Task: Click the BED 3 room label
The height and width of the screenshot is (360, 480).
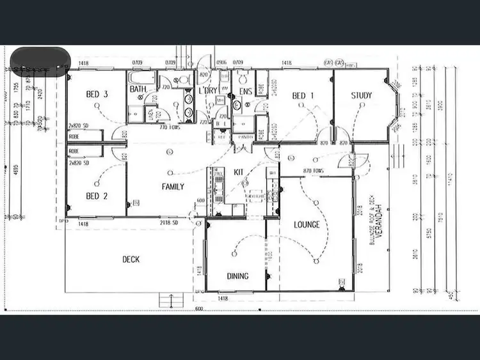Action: pyautogui.click(x=97, y=95)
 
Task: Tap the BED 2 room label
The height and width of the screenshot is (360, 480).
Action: pyautogui.click(x=97, y=196)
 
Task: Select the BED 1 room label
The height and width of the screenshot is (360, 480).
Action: pyautogui.click(x=303, y=96)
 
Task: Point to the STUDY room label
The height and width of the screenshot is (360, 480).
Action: pyautogui.click(x=362, y=96)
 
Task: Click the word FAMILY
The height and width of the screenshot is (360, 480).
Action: pyautogui.click(x=173, y=187)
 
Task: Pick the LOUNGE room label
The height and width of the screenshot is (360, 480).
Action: pyautogui.click(x=307, y=225)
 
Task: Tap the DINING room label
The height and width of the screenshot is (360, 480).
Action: pyautogui.click(x=238, y=276)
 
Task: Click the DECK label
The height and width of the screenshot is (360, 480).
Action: pyautogui.click(x=131, y=260)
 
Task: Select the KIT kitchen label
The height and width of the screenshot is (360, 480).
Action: pyautogui.click(x=239, y=171)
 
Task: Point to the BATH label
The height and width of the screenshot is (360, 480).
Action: pyautogui.click(x=138, y=89)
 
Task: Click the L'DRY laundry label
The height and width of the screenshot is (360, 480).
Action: pyautogui.click(x=209, y=91)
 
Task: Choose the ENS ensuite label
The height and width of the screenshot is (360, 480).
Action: pyautogui.click(x=245, y=91)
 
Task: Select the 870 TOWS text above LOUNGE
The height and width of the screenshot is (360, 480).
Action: pyautogui.click(x=314, y=171)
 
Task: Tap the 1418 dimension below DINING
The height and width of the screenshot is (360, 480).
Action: pyautogui.click(x=223, y=298)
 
